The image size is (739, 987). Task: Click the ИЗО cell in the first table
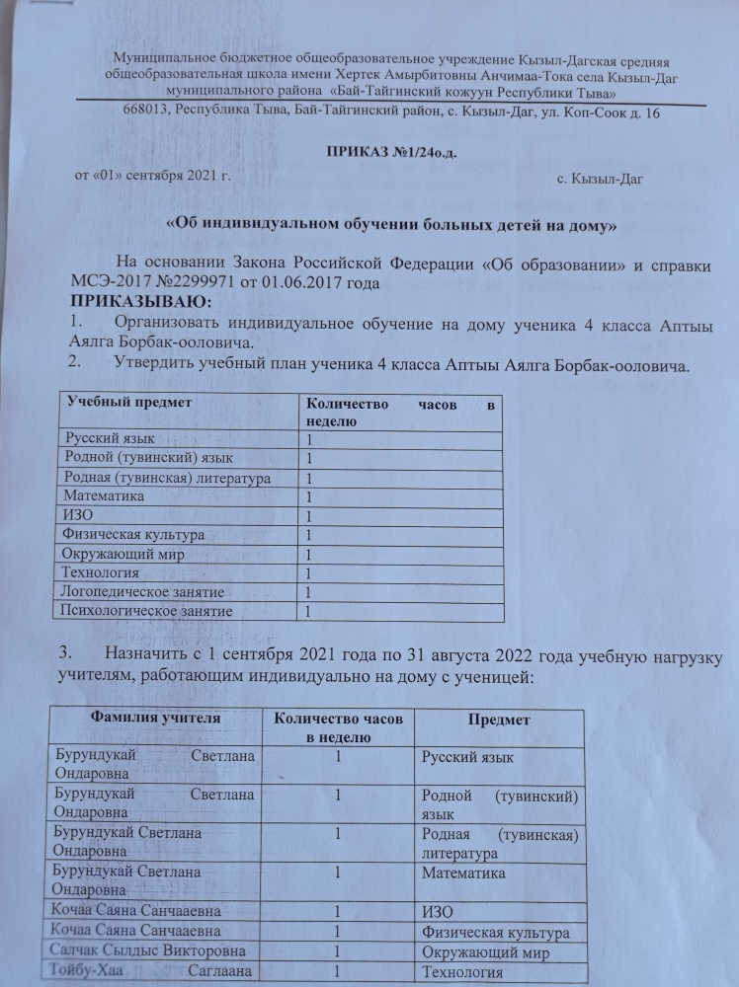click(78, 515)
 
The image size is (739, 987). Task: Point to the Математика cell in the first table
click(104, 496)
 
